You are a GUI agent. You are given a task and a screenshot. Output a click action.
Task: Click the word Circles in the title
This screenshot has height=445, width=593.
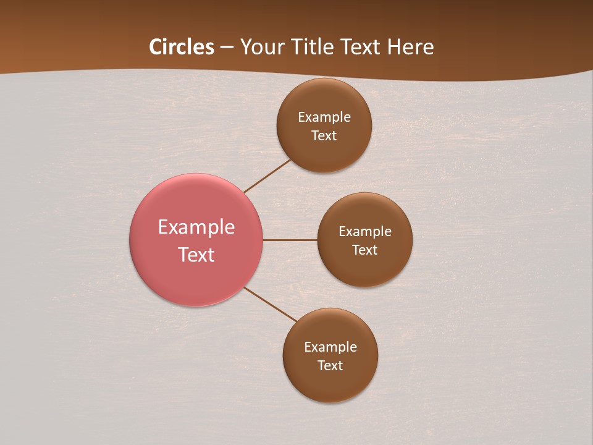pyautogui.click(x=182, y=47)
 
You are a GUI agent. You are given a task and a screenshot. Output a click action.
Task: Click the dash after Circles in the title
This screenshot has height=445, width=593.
pyautogui.click(x=227, y=48)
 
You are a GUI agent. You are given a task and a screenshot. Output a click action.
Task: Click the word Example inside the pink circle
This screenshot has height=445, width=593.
pyautogui.click(x=196, y=227)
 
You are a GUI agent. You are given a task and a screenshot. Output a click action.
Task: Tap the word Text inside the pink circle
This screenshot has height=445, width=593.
pyautogui.click(x=196, y=255)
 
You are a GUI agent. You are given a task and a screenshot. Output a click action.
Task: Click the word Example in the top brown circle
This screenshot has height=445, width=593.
pyautogui.click(x=324, y=117)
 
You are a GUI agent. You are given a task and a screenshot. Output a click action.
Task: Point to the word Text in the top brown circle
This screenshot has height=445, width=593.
pyautogui.click(x=324, y=135)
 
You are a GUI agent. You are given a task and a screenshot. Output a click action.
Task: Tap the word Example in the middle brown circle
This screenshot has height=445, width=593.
pyautogui.click(x=365, y=232)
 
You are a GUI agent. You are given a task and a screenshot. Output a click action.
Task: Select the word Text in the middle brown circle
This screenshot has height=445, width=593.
pyautogui.click(x=364, y=250)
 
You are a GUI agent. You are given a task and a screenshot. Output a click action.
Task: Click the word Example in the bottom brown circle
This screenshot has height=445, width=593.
pyautogui.click(x=330, y=347)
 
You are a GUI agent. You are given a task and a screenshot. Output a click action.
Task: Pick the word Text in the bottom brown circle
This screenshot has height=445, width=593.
pyautogui.click(x=330, y=365)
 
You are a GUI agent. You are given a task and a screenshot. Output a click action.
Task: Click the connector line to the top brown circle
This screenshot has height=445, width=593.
pyautogui.click(x=267, y=176)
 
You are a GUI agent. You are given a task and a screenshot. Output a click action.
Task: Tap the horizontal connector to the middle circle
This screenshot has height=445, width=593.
pyautogui.click(x=290, y=240)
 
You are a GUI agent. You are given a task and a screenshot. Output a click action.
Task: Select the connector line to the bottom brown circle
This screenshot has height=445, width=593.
pyautogui.click(x=271, y=304)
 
